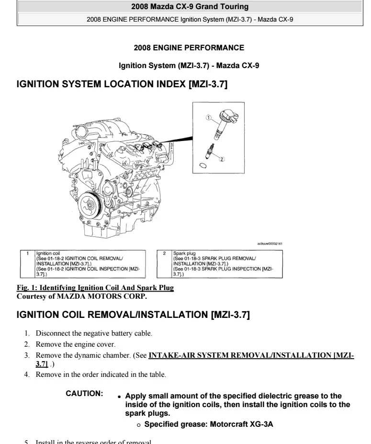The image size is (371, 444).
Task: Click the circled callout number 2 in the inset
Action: click(x=222, y=159)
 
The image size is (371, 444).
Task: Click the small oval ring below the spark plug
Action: click(x=202, y=165)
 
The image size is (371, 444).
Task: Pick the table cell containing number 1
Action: click(x=27, y=253)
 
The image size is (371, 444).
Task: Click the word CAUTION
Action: click(x=85, y=394)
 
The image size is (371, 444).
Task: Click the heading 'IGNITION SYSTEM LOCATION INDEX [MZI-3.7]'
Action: click(x=122, y=84)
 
